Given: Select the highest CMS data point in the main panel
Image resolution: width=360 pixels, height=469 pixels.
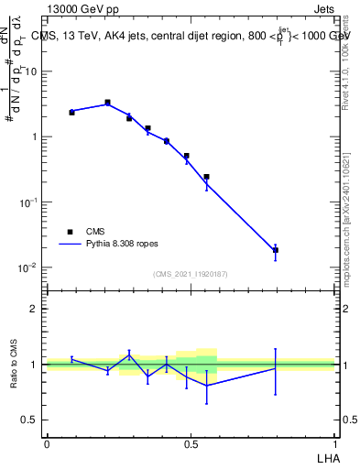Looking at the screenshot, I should (107, 103).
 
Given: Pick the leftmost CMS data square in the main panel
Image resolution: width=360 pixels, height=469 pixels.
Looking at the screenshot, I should (71, 112).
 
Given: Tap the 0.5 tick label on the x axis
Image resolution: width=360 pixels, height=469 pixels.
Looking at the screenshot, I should (191, 443).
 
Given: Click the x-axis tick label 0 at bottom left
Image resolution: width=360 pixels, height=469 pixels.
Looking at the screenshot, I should (47, 443).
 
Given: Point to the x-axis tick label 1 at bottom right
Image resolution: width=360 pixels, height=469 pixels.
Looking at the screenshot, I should (335, 443).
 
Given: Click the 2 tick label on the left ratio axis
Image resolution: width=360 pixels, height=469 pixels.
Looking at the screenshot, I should (34, 309).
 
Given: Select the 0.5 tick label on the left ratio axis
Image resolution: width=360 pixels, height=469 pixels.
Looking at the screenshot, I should (29, 420).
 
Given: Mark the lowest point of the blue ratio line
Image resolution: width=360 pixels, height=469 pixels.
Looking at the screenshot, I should (206, 386).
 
